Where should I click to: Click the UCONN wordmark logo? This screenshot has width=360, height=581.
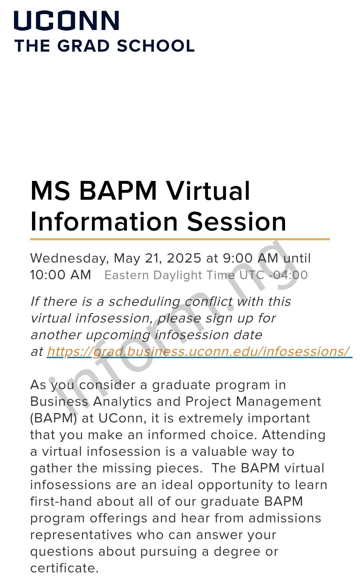[66, 21]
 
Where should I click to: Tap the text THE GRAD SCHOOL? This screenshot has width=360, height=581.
[104, 46]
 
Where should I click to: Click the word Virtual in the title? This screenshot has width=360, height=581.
[208, 191]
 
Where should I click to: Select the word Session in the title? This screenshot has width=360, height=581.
[236, 222]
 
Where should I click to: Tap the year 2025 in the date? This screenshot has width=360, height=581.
[184, 258]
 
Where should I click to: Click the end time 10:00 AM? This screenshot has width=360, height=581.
[60, 275]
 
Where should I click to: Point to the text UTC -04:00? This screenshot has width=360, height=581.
[274, 275]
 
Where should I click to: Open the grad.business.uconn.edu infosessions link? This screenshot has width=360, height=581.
[198, 351]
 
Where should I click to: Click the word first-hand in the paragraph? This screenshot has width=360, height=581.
[61, 501]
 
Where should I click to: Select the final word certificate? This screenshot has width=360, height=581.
[64, 568]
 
